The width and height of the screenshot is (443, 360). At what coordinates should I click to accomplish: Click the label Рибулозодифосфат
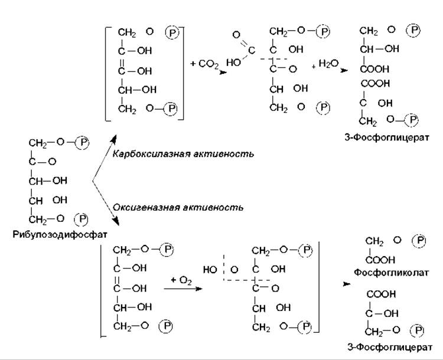[x=60, y=235]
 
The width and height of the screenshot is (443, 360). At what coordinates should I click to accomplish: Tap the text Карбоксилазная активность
[x=183, y=154]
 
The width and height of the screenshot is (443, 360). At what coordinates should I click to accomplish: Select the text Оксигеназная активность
[x=178, y=208]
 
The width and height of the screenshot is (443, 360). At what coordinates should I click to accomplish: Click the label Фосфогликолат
[x=391, y=273]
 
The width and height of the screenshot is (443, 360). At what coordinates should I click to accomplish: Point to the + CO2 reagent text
[x=204, y=64]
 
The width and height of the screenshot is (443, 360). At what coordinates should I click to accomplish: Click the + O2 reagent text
[x=181, y=281]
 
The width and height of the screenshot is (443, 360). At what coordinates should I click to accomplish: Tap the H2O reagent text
[x=328, y=64]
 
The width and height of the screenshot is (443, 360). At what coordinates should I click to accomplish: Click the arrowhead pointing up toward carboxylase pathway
[x=114, y=138]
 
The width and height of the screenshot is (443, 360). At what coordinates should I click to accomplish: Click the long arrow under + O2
[x=183, y=289]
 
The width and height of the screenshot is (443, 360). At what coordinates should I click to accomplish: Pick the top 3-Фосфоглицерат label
[x=387, y=138]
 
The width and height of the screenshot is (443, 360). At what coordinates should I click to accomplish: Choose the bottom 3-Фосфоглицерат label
[x=390, y=347]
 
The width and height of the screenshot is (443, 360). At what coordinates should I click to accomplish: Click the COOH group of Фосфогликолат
[x=380, y=260]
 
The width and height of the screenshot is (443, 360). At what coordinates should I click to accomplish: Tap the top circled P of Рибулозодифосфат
[x=83, y=142]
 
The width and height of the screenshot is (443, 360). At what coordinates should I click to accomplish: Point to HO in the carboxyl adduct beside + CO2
[x=233, y=63]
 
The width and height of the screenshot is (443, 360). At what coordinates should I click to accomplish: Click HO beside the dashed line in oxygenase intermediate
[x=210, y=270]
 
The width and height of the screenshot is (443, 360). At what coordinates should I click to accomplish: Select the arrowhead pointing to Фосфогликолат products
[x=346, y=284]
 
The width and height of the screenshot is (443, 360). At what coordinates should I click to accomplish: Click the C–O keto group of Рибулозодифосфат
[x=43, y=162]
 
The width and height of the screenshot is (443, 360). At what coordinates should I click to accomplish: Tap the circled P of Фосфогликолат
[x=419, y=241]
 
